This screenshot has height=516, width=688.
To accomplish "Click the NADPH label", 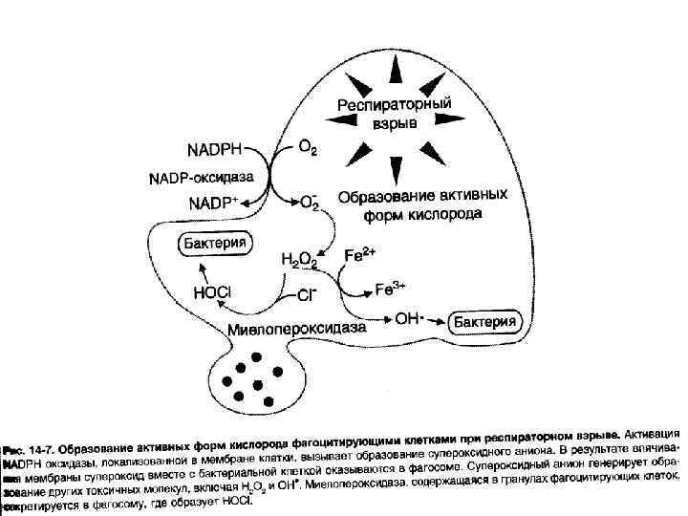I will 215,151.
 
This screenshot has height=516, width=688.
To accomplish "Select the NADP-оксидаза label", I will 200,178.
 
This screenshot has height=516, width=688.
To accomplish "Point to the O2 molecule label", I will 309,148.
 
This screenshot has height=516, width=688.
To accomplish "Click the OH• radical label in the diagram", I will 409,319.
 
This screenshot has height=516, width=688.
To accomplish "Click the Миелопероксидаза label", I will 297,329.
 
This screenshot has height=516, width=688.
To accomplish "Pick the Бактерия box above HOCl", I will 214,243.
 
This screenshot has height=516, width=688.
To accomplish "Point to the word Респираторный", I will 392,104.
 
